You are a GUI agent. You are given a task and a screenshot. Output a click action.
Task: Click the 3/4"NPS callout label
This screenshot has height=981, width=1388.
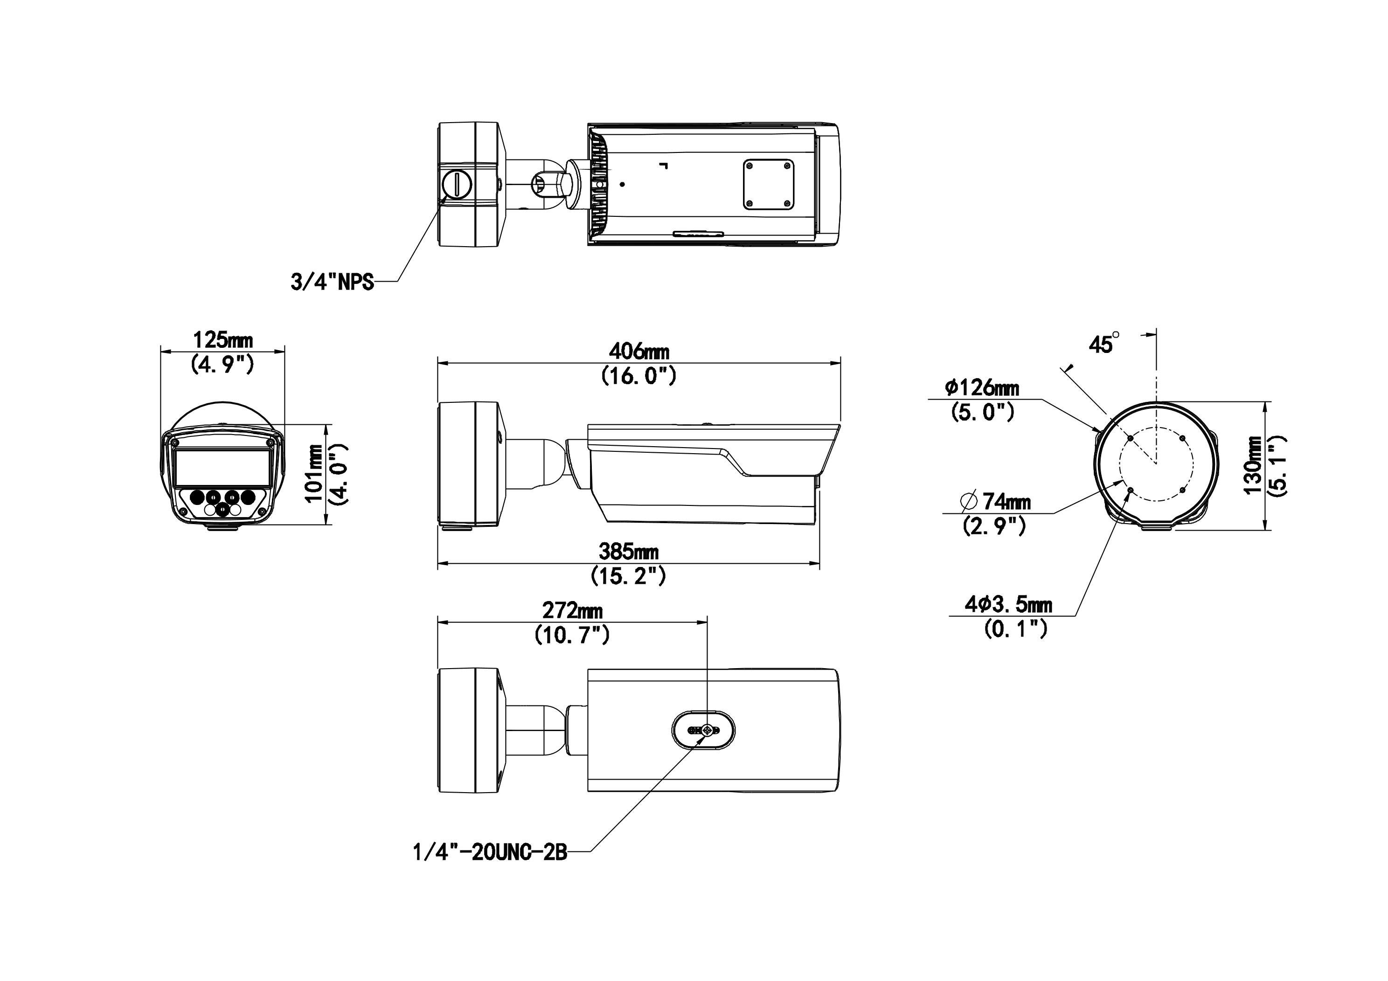click(x=332, y=282)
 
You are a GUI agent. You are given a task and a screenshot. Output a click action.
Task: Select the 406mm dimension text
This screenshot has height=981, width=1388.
click(x=639, y=351)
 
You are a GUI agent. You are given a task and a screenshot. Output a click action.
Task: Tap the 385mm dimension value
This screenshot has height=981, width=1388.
click(x=629, y=551)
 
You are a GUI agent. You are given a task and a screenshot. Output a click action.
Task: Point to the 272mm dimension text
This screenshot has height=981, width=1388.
click(x=572, y=610)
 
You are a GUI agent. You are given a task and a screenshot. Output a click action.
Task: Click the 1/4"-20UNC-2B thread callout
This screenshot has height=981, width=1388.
click(x=490, y=852)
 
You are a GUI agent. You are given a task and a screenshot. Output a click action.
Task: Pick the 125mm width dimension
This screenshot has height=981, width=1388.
click(x=222, y=340)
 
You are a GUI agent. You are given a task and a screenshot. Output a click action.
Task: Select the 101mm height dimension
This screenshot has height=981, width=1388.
click(x=314, y=473)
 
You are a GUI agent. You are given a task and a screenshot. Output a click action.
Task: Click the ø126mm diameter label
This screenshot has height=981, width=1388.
click(x=982, y=387)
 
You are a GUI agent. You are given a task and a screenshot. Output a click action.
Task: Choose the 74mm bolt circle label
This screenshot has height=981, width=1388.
click(x=996, y=501)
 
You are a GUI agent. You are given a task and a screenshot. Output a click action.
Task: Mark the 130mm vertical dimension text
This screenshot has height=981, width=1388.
click(x=1253, y=465)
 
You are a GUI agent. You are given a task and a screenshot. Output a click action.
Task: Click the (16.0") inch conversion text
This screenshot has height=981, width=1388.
click(x=638, y=376)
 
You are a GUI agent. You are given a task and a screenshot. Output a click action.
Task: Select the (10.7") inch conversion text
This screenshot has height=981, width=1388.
click(x=572, y=635)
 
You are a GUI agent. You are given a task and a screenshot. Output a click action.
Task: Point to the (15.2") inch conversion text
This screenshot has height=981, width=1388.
click(x=628, y=576)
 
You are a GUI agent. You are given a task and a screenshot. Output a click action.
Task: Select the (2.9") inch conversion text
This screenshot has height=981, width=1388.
click(x=994, y=526)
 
